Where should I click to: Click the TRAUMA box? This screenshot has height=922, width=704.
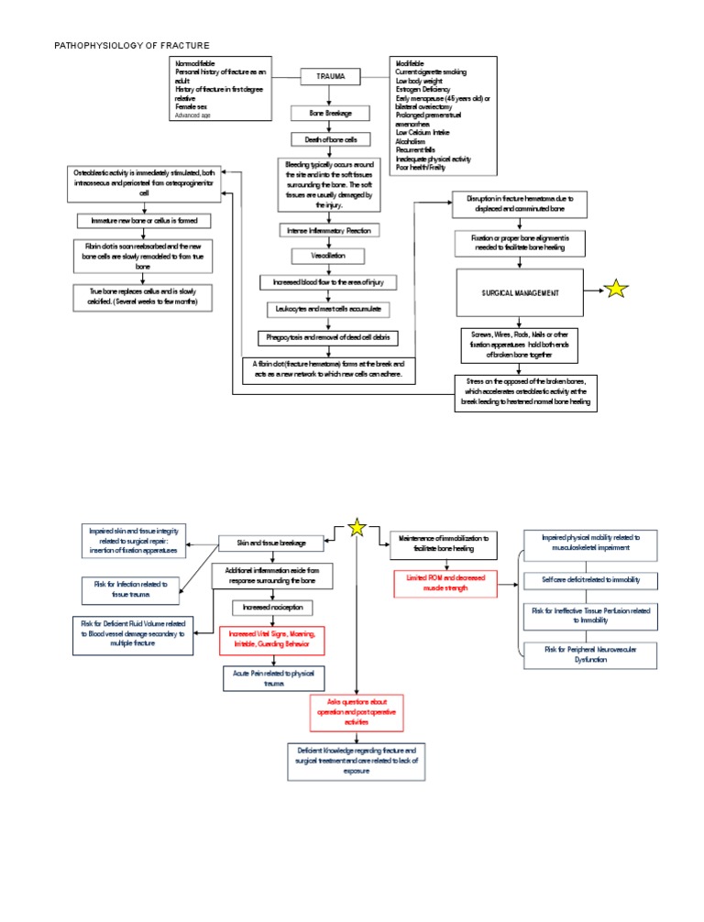tap(331, 77)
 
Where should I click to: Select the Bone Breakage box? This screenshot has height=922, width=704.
tap(321, 114)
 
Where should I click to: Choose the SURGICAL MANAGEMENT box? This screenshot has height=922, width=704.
tap(519, 291)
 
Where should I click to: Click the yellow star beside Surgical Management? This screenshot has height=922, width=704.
tap(616, 290)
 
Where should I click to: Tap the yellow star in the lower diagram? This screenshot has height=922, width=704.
tap(357, 527)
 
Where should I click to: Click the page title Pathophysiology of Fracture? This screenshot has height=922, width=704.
tap(132, 45)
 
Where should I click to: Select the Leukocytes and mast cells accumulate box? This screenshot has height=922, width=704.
tap(329, 309)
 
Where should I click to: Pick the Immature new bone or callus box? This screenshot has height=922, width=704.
tap(144, 222)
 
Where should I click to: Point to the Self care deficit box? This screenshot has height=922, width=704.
tap(591, 580)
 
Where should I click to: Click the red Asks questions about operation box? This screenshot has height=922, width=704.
tap(357, 710)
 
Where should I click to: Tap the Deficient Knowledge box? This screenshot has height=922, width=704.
tap(357, 761)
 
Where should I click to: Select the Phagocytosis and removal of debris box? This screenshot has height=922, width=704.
tap(329, 337)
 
